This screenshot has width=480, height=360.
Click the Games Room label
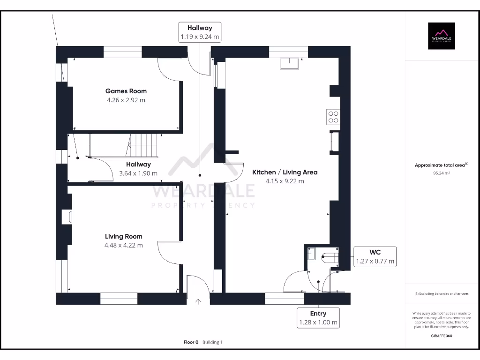pyautogui.click(x=126, y=91)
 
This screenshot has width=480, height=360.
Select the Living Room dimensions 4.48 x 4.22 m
pyautogui.click(x=124, y=245)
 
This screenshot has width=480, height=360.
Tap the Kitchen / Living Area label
pyautogui.click(x=285, y=172)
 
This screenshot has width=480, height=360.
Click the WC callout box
pyautogui.click(x=375, y=257)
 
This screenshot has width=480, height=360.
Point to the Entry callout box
pyautogui.click(x=318, y=318)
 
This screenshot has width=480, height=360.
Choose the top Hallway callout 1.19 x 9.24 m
pyautogui.click(x=200, y=32)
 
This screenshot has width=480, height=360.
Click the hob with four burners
pyautogui.click(x=333, y=116)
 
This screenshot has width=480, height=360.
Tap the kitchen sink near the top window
pyautogui.click(x=289, y=64)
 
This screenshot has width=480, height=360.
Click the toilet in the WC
pyautogui.click(x=330, y=256)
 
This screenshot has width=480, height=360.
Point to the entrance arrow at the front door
pyautogui.click(x=198, y=302)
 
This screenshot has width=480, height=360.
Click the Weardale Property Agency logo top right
pyautogui.click(x=441, y=36)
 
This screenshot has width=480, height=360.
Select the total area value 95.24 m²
pyautogui.click(x=441, y=173)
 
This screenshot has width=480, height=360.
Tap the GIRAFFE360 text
pyautogui.click(x=441, y=336)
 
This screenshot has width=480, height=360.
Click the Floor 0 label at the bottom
pyautogui.click(x=191, y=342)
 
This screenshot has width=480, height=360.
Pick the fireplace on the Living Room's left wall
pyautogui.click(x=66, y=217)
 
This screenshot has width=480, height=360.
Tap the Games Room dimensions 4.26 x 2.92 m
pyautogui.click(x=126, y=100)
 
